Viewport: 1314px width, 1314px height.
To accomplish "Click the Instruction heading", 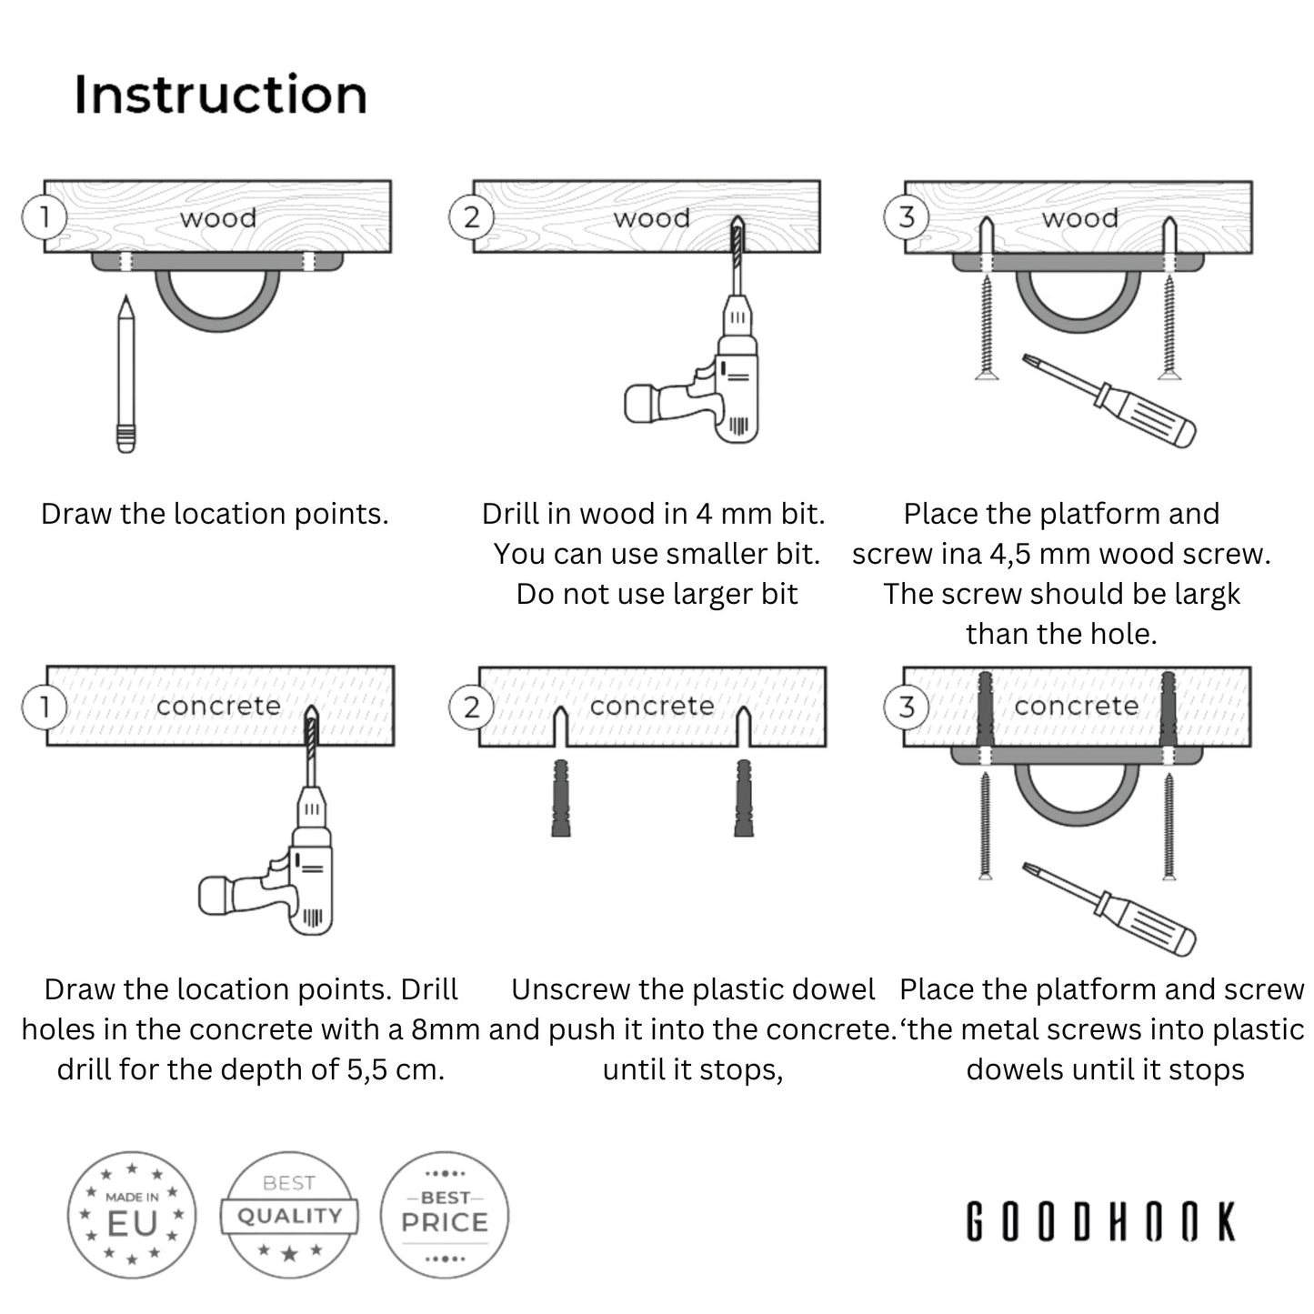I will click(x=220, y=95).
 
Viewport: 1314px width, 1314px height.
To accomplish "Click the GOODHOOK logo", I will click(x=1100, y=1221).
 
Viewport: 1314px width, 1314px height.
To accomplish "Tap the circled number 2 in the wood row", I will click(x=471, y=218).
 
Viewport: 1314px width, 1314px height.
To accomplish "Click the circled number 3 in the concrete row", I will click(x=906, y=707).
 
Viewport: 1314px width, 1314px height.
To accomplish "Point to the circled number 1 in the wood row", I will click(x=44, y=218).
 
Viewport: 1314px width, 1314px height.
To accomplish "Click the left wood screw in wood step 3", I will click(x=987, y=327).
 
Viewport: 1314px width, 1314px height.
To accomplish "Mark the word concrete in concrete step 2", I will click(x=652, y=706).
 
